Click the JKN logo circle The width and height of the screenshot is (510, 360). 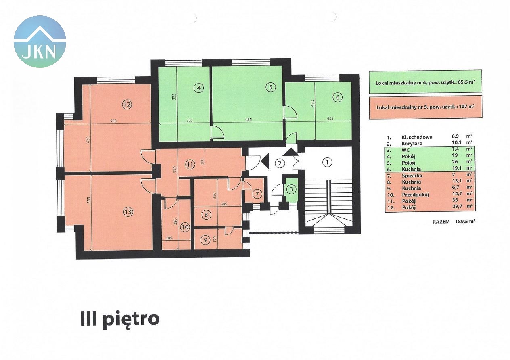point(40,42)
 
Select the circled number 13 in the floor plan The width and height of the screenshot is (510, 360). point(128,212)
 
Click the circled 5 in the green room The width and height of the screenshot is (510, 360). point(270,87)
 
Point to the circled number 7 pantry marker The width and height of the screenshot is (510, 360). point(257,194)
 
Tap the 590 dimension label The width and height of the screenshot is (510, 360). point(113,121)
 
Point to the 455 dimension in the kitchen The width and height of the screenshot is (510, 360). point(330,118)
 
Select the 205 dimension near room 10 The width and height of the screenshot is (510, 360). point(169,238)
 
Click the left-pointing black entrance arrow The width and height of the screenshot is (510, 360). point(265,161)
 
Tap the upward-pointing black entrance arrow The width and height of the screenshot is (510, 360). point(290,152)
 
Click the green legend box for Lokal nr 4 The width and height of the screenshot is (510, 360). point(425,82)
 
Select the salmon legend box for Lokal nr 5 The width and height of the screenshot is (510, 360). point(425,107)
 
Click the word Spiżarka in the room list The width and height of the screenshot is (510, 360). point(412,176)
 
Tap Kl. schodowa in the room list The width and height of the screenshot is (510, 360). point(417,137)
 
